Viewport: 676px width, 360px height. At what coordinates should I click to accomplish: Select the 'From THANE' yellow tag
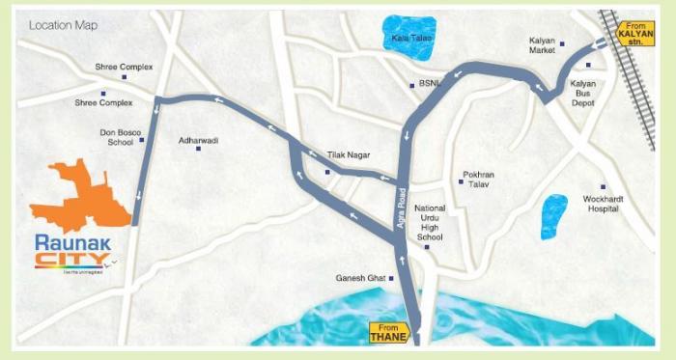coord(389,332)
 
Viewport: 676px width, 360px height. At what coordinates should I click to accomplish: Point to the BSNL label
coord(430,84)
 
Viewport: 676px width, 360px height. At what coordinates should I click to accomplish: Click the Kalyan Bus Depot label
coord(583,94)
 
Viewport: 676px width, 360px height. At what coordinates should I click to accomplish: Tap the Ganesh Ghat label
coord(360,278)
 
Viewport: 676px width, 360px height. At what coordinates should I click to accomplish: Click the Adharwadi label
coord(199,140)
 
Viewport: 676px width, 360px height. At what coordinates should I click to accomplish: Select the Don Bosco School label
coord(116,137)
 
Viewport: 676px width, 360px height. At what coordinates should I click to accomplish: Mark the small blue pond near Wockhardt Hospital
coord(553,216)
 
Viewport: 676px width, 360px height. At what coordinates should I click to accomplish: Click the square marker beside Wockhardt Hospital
coord(603,187)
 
